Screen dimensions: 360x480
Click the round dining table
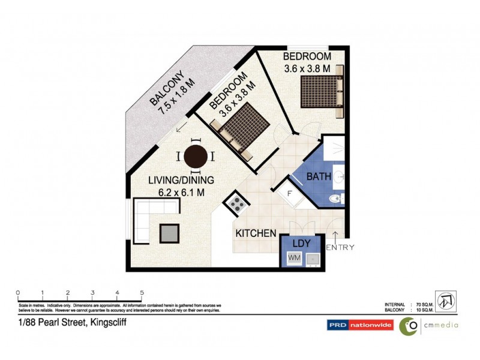(196, 157)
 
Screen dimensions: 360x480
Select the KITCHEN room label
(256, 233)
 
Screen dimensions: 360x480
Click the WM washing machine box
(294, 257)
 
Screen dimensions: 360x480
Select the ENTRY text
(340, 247)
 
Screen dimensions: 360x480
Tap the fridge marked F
(289, 194)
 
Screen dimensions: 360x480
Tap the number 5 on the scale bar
(142, 293)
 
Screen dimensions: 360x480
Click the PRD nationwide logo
(359, 325)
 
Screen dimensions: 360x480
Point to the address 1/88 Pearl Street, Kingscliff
(71, 322)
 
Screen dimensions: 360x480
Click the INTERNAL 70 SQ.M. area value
(416, 304)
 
